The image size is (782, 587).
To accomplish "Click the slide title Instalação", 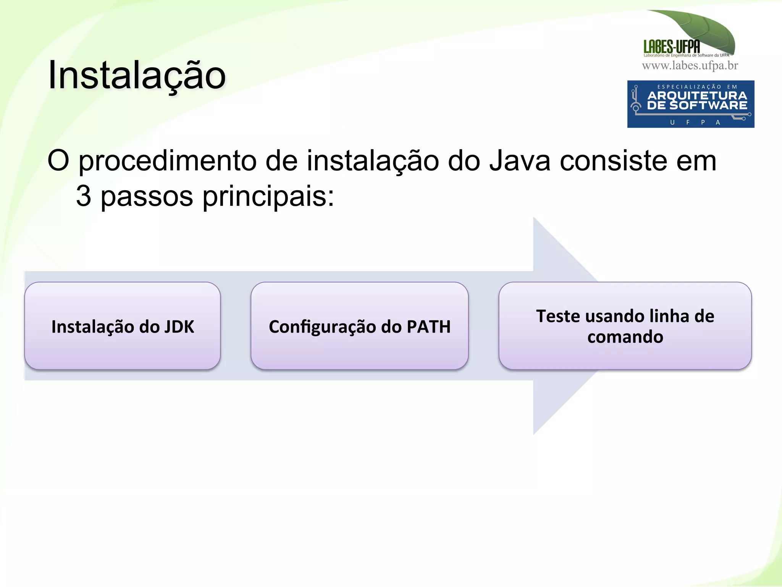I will pos(137,75).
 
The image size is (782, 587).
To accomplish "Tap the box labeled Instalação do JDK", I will pos(123,326).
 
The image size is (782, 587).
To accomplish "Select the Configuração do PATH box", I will pos(359,326).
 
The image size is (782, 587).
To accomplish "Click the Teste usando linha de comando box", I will pos(625,326).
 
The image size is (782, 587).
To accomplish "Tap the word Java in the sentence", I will pos(520,161).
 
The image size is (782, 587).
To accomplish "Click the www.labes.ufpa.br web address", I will pos(690,66).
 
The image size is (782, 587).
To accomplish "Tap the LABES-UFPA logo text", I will pos(672,47).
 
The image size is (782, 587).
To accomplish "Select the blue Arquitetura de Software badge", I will pos(690,104).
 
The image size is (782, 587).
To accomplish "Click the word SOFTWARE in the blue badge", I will pos(708,105).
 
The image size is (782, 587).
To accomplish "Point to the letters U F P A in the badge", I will pos(695,123).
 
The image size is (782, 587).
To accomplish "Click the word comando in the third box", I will pos(625,337).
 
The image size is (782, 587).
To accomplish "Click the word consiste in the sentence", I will pos(614,161).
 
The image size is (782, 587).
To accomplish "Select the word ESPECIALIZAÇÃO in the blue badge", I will pos(689,87).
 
